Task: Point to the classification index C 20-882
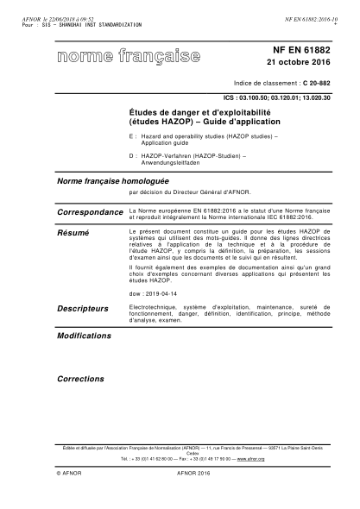(316, 87)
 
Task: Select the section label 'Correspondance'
(90, 211)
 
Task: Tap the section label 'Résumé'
(73, 233)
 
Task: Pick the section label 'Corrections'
(80, 378)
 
